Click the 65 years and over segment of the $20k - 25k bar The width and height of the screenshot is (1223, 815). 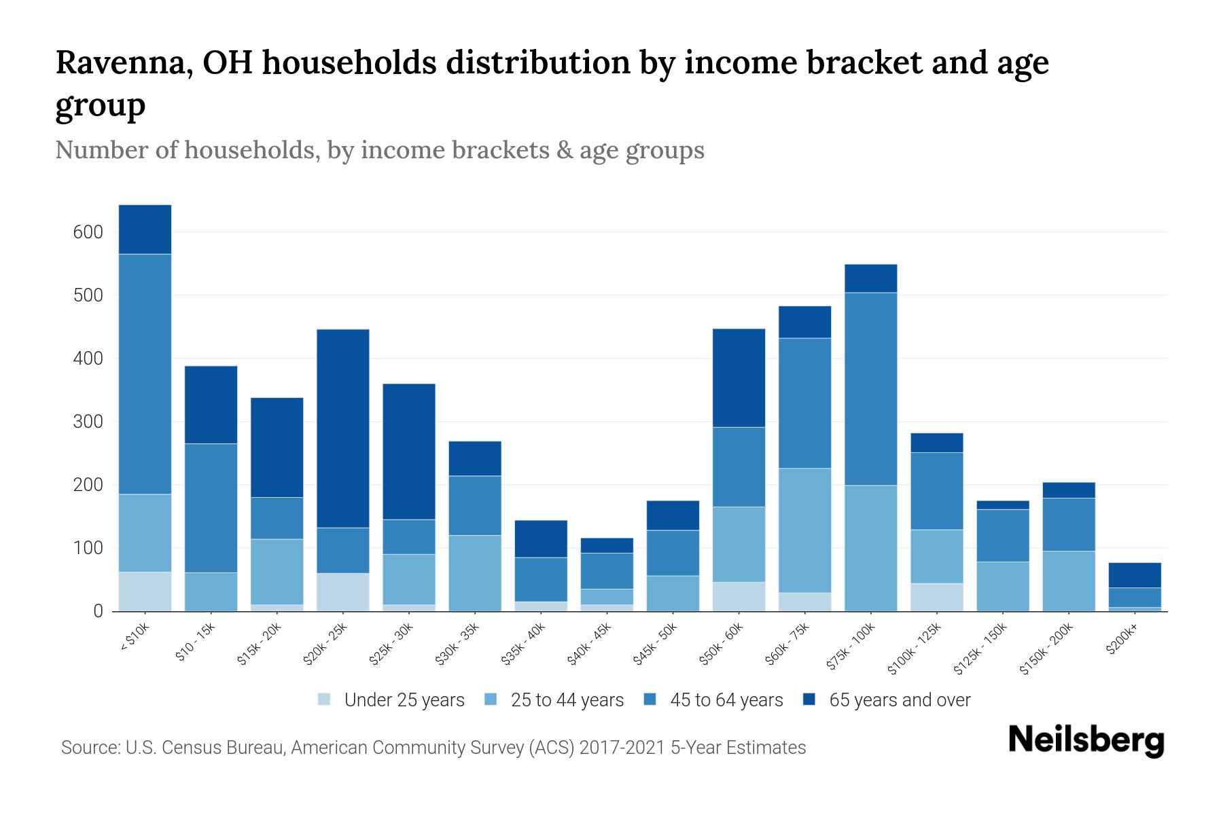[343, 428]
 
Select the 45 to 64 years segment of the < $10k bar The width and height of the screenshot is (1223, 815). [145, 374]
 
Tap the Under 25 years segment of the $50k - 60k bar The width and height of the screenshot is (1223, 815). [739, 596]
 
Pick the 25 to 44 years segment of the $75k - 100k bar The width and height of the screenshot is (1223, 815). [870, 548]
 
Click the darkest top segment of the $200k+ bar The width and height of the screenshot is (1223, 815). [1135, 575]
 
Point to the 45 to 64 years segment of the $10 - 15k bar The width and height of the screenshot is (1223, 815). [211, 508]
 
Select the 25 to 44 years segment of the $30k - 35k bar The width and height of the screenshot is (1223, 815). [475, 573]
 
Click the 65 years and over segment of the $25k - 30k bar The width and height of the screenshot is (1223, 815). [409, 452]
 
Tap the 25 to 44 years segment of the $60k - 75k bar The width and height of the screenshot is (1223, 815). [804, 530]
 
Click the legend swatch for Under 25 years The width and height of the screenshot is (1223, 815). [325, 700]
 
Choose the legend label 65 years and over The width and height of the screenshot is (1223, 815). [900, 700]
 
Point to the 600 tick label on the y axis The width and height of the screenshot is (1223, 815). [88, 232]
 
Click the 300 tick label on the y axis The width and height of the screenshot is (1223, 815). [88, 422]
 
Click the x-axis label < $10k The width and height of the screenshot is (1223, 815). [134, 638]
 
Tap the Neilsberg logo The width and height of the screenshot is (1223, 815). [1086, 740]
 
